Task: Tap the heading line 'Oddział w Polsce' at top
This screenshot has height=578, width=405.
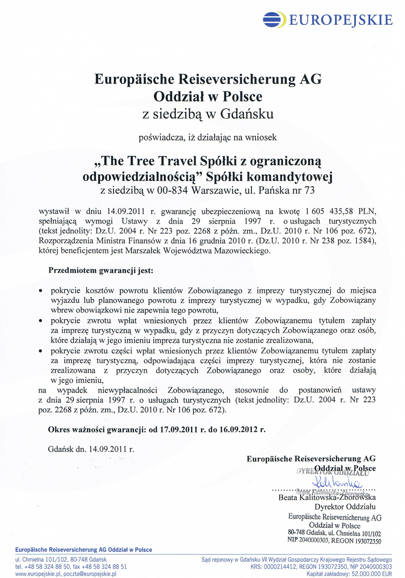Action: (x=208, y=96)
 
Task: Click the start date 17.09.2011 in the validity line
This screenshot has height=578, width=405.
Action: (x=181, y=430)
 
